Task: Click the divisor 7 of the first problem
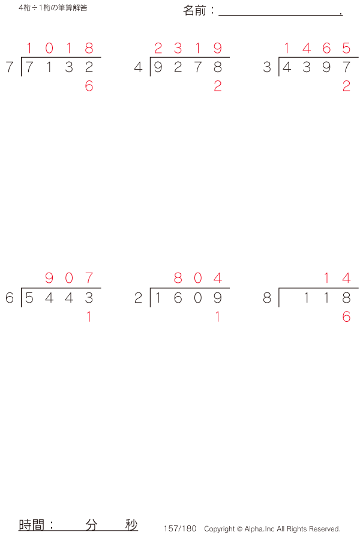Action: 9,68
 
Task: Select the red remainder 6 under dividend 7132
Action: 89,86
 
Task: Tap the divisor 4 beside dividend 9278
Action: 138,68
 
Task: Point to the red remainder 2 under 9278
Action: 217,86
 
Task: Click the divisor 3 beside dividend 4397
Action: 266,68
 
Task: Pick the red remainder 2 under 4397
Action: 346,86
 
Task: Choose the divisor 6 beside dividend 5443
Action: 9,298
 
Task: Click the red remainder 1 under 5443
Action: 89,317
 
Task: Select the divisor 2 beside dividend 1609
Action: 138,298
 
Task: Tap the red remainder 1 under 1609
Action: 217,317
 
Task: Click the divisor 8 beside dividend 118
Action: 266,298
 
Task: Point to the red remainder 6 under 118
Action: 346,317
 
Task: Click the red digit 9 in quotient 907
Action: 49,278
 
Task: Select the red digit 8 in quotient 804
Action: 178,278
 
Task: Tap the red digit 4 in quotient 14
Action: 346,278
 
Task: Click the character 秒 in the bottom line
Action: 131,525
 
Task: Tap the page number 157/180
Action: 180,528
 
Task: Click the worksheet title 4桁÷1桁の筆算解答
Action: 53,8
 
